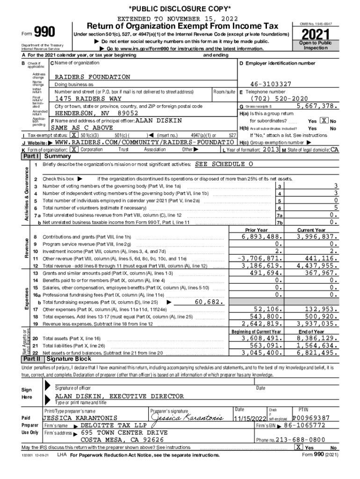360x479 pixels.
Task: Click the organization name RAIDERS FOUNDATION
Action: point(93,77)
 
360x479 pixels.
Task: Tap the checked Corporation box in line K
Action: point(73,149)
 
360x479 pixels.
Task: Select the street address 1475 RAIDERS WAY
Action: point(88,99)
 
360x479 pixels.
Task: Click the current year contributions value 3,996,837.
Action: point(315,237)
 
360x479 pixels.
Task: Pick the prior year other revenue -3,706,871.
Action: point(260,258)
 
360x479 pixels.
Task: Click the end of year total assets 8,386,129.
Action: point(315,338)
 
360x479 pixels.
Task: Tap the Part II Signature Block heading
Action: point(69,359)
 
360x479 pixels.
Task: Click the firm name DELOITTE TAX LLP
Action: point(114,426)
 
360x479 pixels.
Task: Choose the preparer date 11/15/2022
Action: point(250,418)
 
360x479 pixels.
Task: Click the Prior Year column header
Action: point(256,230)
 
